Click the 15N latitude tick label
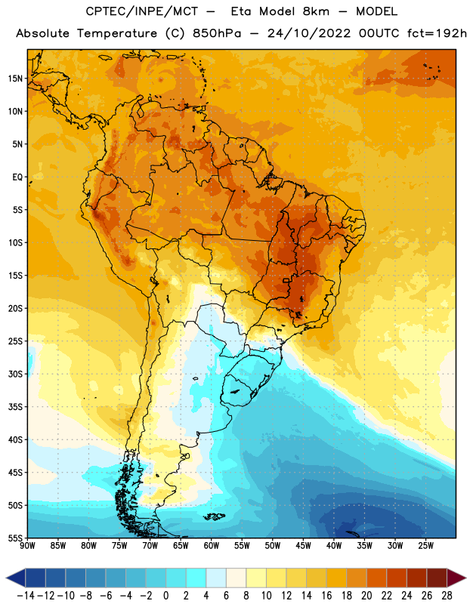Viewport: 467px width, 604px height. [x=15, y=79]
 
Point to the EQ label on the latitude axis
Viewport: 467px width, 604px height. [x=17, y=177]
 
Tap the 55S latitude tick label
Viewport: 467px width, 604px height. [x=15, y=538]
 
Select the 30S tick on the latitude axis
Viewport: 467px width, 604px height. [x=15, y=374]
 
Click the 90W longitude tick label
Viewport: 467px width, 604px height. [x=27, y=546]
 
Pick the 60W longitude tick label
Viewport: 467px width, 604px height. [x=212, y=546]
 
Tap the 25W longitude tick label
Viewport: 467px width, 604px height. [x=425, y=546]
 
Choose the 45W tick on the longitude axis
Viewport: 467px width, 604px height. [x=303, y=546]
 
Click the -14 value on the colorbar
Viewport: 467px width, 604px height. [x=26, y=596]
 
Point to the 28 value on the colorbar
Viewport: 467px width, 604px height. [x=447, y=596]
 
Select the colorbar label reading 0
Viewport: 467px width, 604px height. [x=165, y=596]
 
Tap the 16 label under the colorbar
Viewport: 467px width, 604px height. [x=326, y=596]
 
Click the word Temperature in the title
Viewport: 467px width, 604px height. [x=117, y=33]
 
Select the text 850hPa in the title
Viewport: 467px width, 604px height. [x=217, y=33]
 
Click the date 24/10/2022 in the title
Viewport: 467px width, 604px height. [x=309, y=33]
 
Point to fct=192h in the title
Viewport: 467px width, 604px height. [x=437, y=33]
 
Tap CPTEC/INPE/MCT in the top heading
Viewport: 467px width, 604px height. [x=142, y=11]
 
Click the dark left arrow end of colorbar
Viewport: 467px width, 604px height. [x=16, y=578]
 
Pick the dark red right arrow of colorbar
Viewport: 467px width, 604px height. [x=456, y=578]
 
